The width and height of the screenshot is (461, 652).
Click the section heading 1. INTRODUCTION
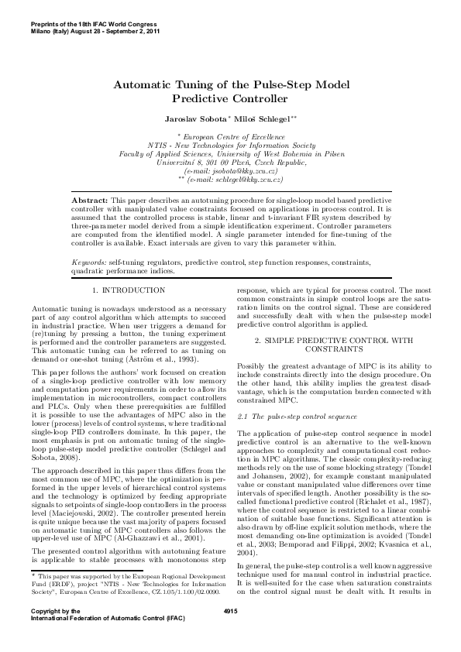click(x=129, y=290)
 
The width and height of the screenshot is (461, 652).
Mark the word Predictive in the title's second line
click(x=202, y=99)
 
